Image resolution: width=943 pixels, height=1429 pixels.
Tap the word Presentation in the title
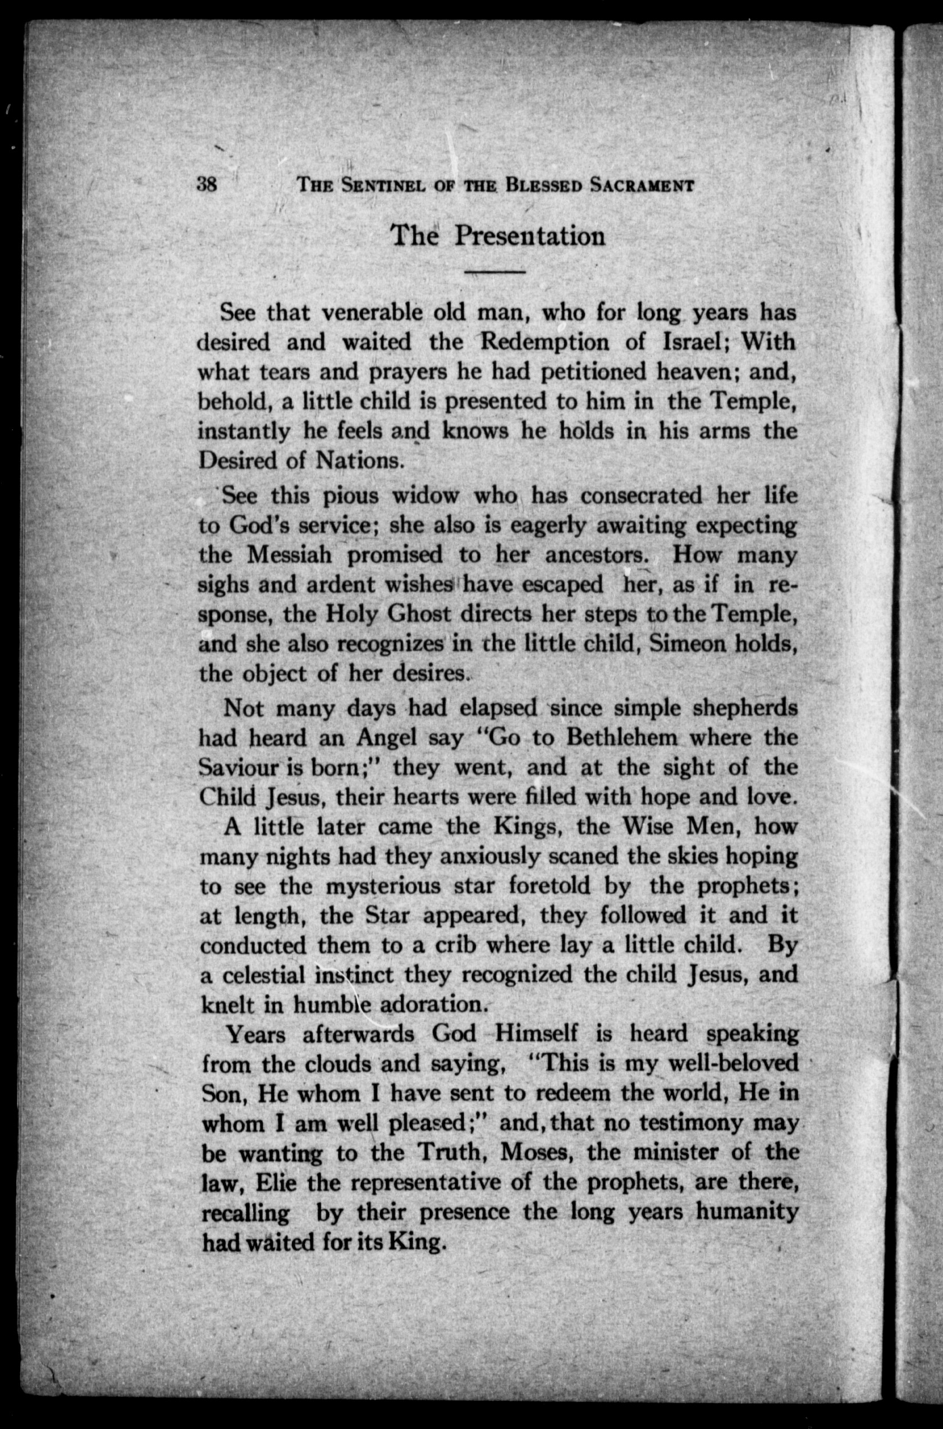pyautogui.click(x=529, y=235)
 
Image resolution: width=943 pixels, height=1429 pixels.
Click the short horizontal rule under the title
pyautogui.click(x=496, y=272)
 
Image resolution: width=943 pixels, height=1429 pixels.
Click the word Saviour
pyautogui.click(x=238, y=767)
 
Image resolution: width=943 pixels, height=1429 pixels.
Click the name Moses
pyautogui.click(x=537, y=1152)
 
